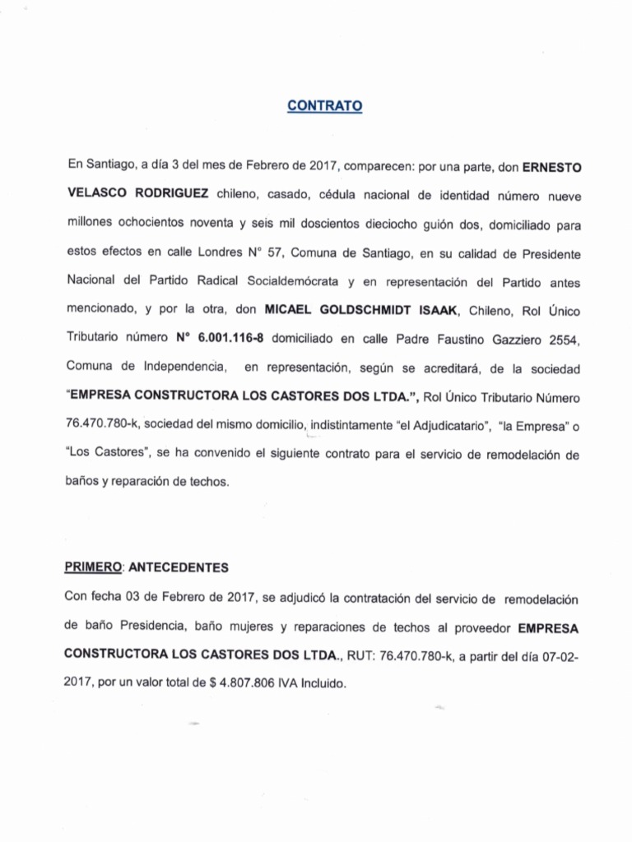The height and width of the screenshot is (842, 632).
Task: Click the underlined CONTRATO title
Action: pyautogui.click(x=325, y=106)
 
